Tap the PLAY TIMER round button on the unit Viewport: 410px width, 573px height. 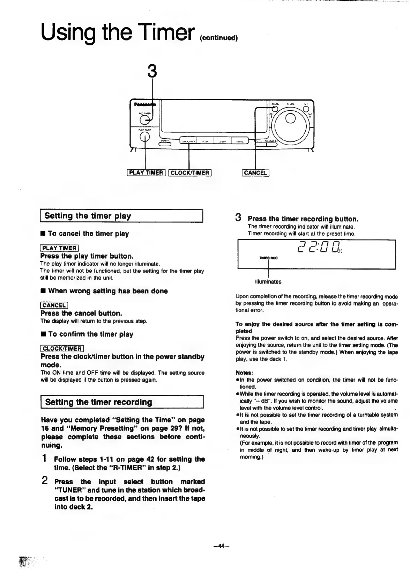(144, 137)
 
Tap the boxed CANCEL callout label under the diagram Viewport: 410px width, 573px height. (255, 172)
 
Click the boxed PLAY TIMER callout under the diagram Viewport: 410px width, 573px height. (146, 172)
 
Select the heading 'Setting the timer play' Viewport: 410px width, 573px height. (88, 216)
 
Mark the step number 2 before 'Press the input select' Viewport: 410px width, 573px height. (45, 481)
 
